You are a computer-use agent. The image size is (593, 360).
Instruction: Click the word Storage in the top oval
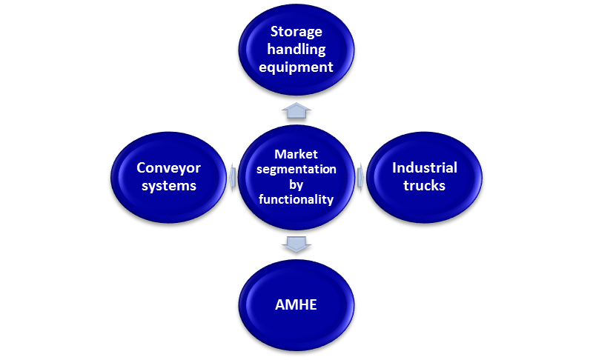(x=296, y=32)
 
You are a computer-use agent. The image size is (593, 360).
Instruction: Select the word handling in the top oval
(x=296, y=50)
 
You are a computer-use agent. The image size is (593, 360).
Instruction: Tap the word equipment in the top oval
(x=296, y=67)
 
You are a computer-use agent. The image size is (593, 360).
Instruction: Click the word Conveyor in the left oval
(x=168, y=167)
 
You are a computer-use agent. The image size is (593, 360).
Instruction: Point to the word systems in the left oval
(x=168, y=185)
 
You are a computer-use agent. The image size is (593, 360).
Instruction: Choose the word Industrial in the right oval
(x=424, y=167)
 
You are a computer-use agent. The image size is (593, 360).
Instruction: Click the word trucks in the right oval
(x=424, y=185)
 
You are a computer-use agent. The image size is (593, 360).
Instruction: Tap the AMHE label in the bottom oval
(x=296, y=304)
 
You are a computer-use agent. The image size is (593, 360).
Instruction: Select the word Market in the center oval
(x=296, y=154)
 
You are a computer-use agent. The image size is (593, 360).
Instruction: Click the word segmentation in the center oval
(x=296, y=169)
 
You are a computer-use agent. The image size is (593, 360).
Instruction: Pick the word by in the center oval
(x=296, y=184)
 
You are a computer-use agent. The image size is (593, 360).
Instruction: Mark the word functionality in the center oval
(x=296, y=199)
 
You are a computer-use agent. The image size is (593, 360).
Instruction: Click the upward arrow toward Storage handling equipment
(x=296, y=111)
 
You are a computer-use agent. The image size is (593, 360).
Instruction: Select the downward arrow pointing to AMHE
(x=296, y=243)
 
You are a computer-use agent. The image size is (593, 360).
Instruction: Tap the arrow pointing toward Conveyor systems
(x=233, y=177)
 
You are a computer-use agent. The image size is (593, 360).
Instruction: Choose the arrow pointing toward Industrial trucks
(x=360, y=177)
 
